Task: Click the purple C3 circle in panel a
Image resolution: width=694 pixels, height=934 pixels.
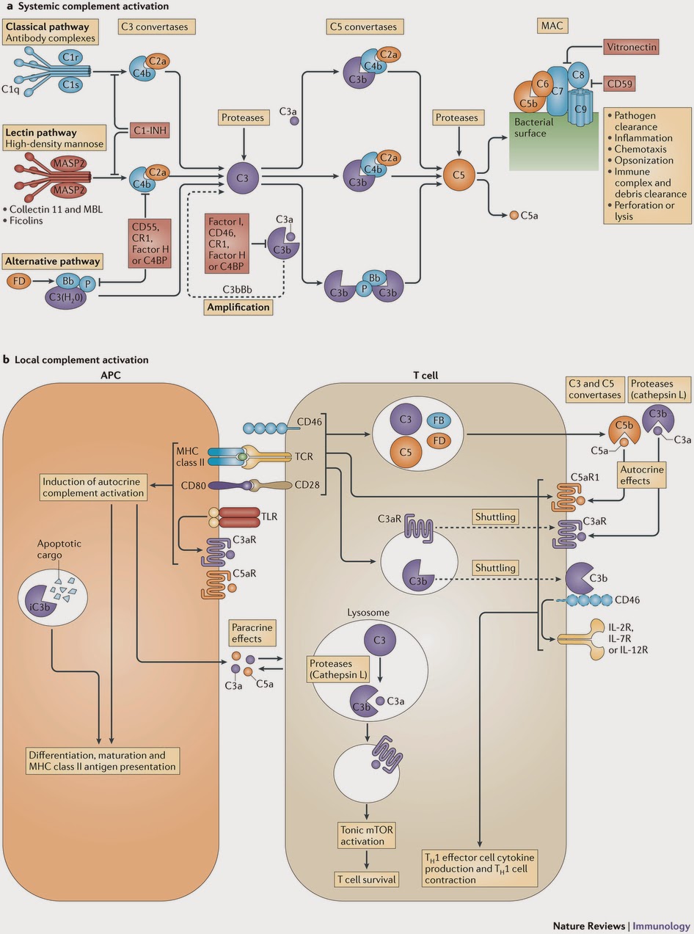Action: tap(241, 176)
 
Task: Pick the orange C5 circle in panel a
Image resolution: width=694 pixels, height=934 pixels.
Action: tap(459, 176)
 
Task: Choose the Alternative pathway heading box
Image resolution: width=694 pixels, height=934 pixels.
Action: tap(52, 260)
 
